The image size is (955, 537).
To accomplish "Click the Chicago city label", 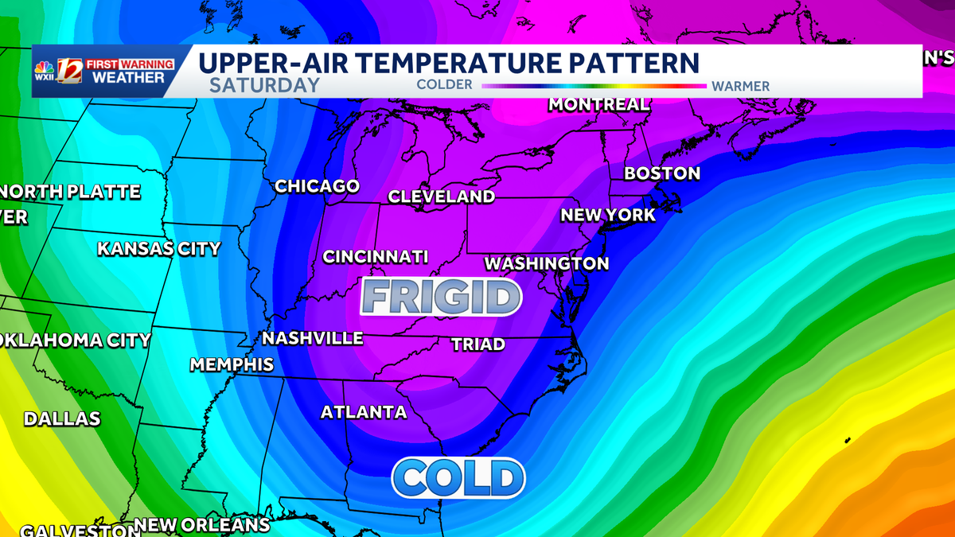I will click(x=317, y=186).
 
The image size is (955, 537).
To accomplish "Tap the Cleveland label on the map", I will click(x=441, y=197).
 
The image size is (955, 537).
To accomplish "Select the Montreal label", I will click(x=598, y=105).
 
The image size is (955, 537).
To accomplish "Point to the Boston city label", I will click(x=661, y=173).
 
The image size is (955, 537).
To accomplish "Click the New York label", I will click(x=608, y=215).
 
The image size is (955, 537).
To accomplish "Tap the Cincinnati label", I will click(x=375, y=257).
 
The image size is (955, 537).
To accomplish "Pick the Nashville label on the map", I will click(x=312, y=338).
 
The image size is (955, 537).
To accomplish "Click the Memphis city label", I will click(x=232, y=365).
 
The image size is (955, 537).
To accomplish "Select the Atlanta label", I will click(x=363, y=412).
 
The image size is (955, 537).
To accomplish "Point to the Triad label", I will click(x=477, y=344).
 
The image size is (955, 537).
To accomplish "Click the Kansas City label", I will click(x=158, y=249).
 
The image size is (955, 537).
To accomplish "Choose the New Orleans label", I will click(x=202, y=525).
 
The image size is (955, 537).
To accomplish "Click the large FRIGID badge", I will click(x=440, y=298).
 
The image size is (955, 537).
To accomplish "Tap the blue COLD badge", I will click(x=458, y=478).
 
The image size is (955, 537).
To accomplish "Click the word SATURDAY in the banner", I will click(x=264, y=85).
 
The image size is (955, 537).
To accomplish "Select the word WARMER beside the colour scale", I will click(x=740, y=86).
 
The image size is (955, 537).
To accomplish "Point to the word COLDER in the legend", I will click(x=444, y=85).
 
